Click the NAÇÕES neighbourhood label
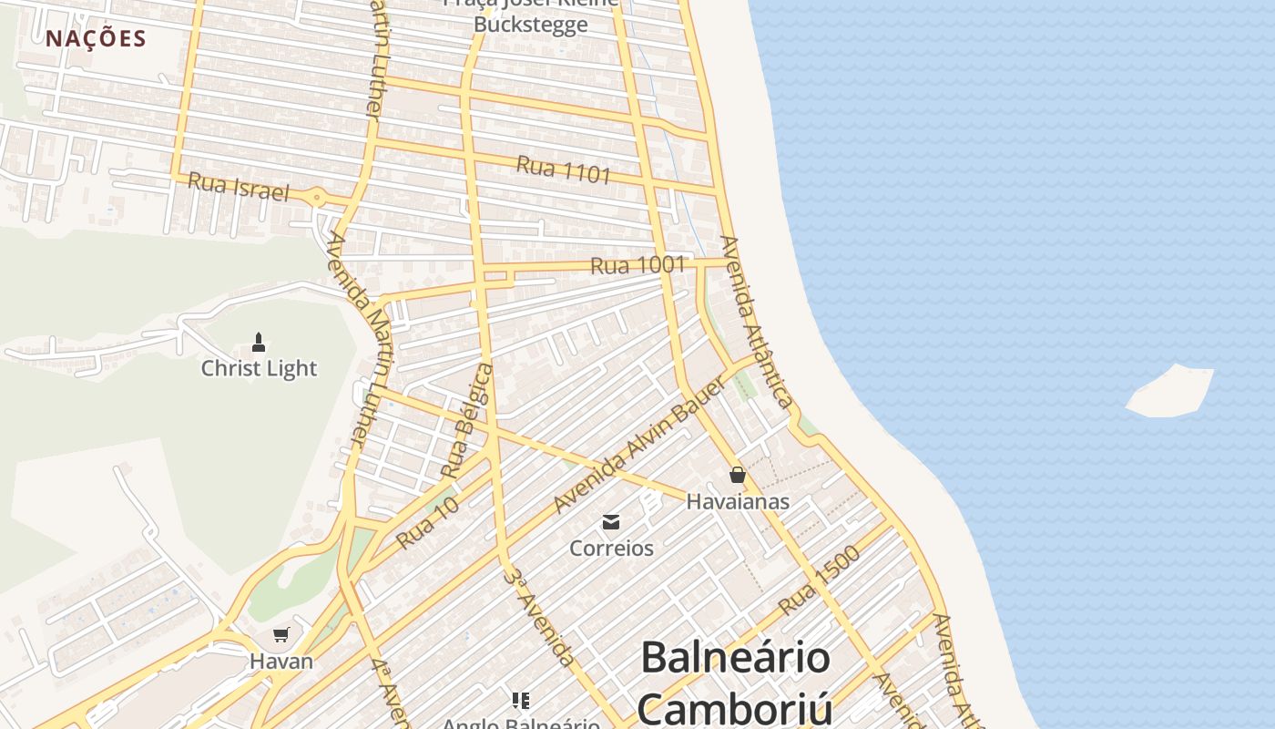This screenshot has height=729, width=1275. point(96,38)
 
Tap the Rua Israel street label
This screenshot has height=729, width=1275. point(238,187)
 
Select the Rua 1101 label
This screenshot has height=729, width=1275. point(563,169)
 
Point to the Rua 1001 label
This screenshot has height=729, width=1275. point(637,265)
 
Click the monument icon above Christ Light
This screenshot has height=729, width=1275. point(259,344)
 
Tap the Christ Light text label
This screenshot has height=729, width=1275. point(259,369)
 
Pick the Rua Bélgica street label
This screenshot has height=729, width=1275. point(466,421)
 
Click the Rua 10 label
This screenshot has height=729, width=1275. point(427,523)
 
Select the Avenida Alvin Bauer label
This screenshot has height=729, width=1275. point(640,445)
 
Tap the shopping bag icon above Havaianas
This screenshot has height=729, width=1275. point(738,475)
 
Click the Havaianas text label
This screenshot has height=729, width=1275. point(738,501)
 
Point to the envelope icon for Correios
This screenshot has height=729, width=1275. point(611,522)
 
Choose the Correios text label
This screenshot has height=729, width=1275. point(611,549)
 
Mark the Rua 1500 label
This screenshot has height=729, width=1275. point(819,580)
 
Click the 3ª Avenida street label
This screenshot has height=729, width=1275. point(541,617)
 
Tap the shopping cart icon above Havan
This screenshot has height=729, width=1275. point(280,635)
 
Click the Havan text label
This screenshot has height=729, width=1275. point(281,662)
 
